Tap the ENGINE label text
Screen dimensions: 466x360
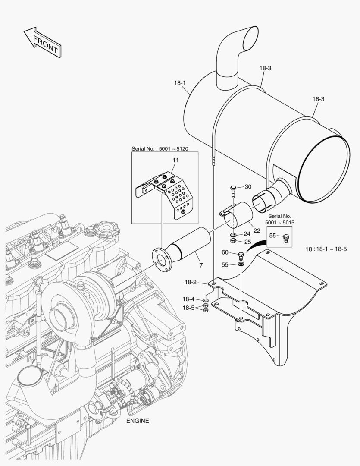pyautogui.click(x=138, y=421)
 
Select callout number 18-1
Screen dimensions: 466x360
pyautogui.click(x=180, y=83)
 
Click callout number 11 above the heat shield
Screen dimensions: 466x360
pyautogui.click(x=175, y=160)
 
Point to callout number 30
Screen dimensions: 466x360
pyautogui.click(x=248, y=186)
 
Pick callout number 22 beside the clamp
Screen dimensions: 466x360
pyautogui.click(x=257, y=230)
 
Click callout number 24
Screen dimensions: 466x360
pyautogui.click(x=247, y=234)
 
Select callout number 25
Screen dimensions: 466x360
pyautogui.click(x=247, y=242)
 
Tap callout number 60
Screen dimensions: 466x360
pyautogui.click(x=225, y=252)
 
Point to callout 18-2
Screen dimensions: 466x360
pyautogui.click(x=191, y=282)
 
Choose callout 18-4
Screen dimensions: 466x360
pyautogui.click(x=188, y=299)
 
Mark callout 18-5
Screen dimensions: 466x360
pyautogui.click(x=188, y=308)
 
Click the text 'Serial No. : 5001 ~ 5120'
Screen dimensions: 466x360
pyautogui.click(x=160, y=149)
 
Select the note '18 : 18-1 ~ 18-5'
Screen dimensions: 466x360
pyautogui.click(x=326, y=249)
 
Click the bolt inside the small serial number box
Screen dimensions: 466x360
pyautogui.click(x=285, y=238)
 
